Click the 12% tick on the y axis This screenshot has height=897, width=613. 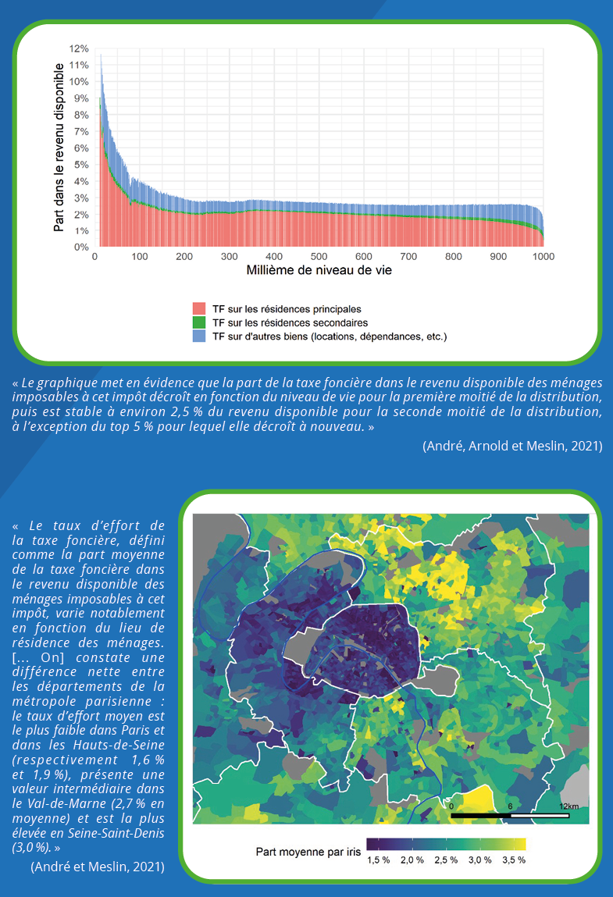click(x=80, y=48)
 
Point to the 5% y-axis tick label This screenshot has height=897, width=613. click(x=81, y=165)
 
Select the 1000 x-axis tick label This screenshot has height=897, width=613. click(x=544, y=256)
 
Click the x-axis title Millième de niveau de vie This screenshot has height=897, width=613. click(x=319, y=272)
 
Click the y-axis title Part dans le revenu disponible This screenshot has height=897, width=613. click(x=59, y=148)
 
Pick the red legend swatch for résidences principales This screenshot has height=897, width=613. click(x=199, y=308)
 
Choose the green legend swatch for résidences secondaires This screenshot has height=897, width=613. click(x=199, y=322)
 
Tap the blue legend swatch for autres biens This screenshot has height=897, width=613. click(x=199, y=336)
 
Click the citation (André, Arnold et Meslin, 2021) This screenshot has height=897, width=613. click(x=512, y=446)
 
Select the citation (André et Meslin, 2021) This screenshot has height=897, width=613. click(x=98, y=866)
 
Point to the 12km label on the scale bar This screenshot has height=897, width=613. click(x=568, y=806)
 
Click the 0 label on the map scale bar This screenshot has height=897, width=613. click(x=451, y=806)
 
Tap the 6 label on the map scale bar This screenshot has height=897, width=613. click(x=510, y=806)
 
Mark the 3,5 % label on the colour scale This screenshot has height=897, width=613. click(x=513, y=860)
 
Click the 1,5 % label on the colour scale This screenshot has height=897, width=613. click(x=379, y=860)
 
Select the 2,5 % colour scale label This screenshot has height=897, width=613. click(x=446, y=860)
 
